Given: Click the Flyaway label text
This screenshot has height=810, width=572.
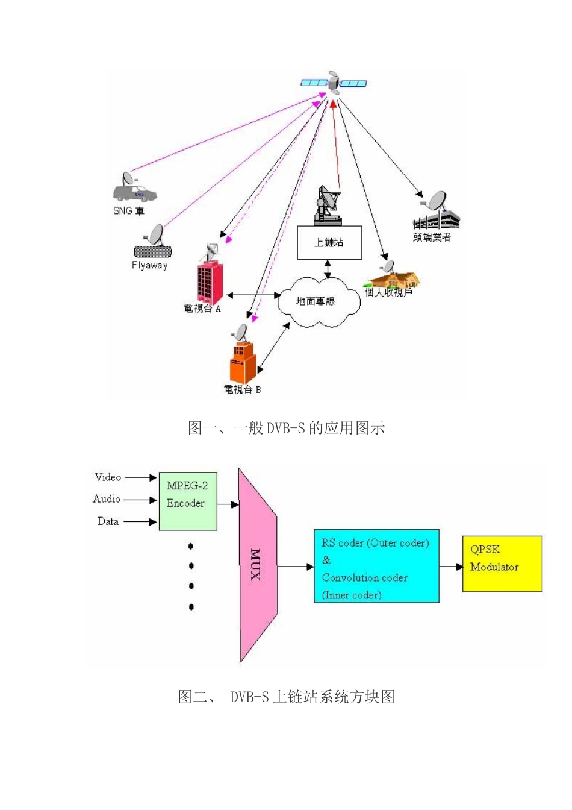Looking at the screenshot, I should [149, 265].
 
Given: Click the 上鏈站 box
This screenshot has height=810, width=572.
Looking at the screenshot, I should [329, 242].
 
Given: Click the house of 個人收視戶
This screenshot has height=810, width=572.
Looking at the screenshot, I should [394, 279].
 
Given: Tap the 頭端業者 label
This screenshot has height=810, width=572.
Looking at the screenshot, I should [432, 237].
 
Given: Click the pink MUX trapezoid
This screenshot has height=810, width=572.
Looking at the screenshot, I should [257, 565].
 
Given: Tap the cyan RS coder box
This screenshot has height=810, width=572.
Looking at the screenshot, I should [376, 566].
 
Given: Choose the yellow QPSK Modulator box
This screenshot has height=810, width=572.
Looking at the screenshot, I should [502, 564].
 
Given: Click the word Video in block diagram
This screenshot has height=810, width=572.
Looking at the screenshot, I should [108, 477].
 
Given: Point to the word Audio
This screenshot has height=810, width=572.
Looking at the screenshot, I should [107, 499].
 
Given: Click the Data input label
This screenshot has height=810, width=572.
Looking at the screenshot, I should [108, 521].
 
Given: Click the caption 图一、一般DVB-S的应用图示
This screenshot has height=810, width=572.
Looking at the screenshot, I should [286, 429].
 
